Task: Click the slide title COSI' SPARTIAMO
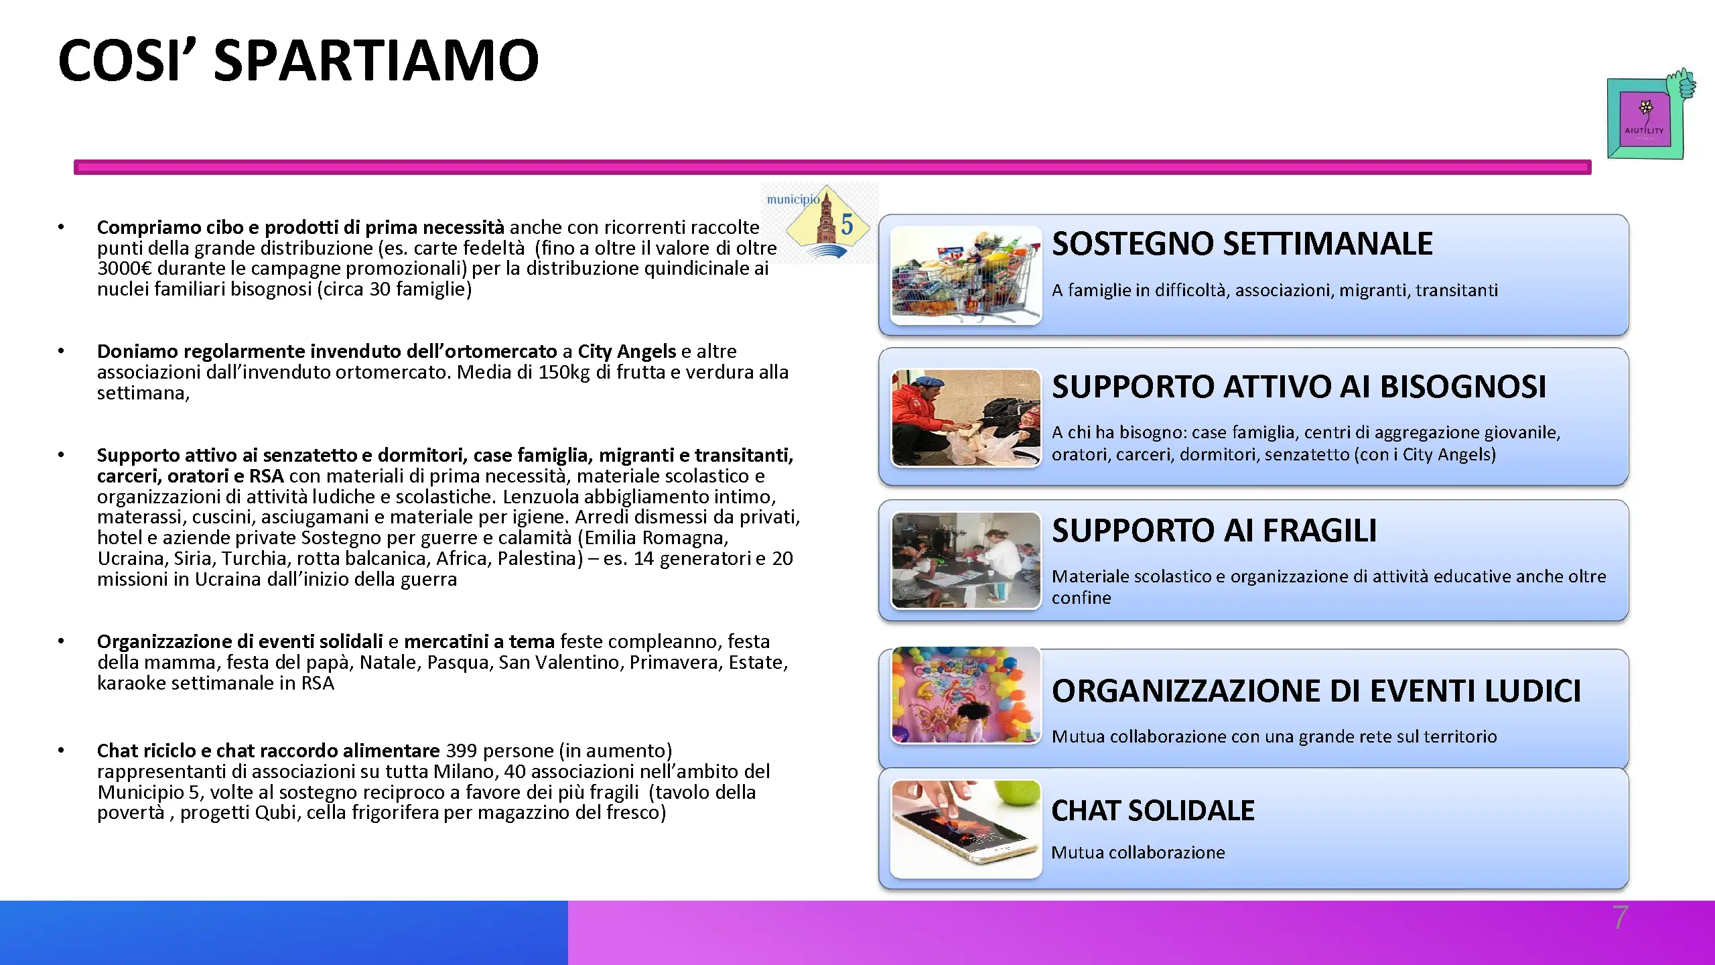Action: [x=299, y=60]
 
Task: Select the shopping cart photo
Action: [x=966, y=275]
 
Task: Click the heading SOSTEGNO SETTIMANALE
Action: [x=1242, y=243]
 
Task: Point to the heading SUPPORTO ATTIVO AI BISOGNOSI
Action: [x=1299, y=387]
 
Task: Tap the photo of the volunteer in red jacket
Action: [x=966, y=417]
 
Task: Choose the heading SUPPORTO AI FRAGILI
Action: [x=1214, y=531]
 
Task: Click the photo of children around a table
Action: [x=966, y=560]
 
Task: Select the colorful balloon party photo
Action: [x=966, y=695]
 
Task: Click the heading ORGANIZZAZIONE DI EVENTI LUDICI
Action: [x=1316, y=691]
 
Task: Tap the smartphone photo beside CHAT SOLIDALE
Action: [x=966, y=829]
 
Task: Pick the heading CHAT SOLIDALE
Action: [x=1153, y=811]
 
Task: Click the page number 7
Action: [x=1620, y=917]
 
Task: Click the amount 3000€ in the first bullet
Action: [x=125, y=269]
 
